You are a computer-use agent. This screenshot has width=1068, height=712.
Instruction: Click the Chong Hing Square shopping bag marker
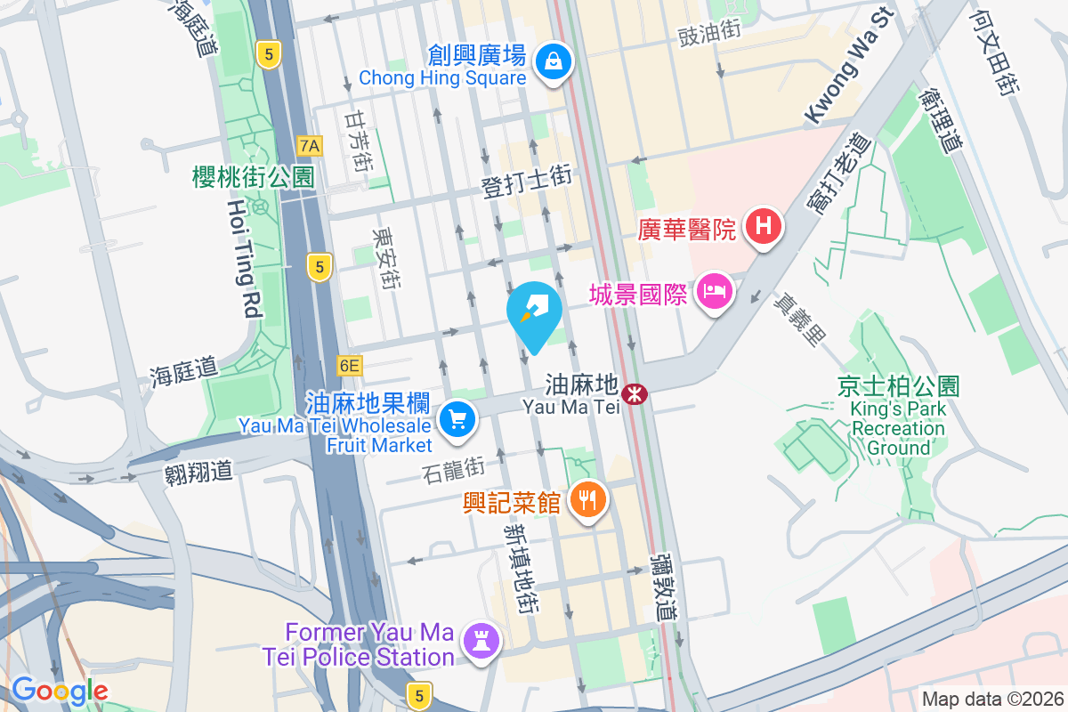coord(554,62)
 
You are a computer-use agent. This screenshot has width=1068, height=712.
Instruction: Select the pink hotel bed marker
coord(715,291)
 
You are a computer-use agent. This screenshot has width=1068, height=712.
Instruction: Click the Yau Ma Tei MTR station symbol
coord(635,393)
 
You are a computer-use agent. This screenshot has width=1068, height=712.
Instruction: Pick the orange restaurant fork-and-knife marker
coord(587,500)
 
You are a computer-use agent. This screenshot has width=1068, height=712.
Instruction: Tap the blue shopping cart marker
coord(458,418)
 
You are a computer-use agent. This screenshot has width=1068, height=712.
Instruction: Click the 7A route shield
coord(309,145)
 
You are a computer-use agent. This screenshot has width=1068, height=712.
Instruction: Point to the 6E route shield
coord(350,365)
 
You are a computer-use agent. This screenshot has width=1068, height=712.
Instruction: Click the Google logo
coord(60,691)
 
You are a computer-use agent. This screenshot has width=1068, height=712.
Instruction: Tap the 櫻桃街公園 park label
coord(254,177)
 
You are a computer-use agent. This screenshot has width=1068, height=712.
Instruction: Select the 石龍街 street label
coord(454,465)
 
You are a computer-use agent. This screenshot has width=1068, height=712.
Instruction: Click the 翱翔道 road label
coord(198,471)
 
